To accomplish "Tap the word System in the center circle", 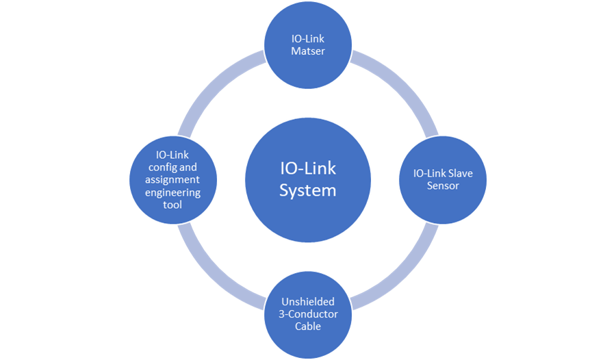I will tap(308, 190).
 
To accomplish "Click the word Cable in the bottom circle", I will tap(308, 326).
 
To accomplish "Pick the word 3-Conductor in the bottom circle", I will tap(308, 313).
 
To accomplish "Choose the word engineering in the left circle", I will tap(172, 192).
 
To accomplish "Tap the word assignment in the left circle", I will tap(172, 179).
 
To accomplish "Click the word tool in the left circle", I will tap(172, 205).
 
